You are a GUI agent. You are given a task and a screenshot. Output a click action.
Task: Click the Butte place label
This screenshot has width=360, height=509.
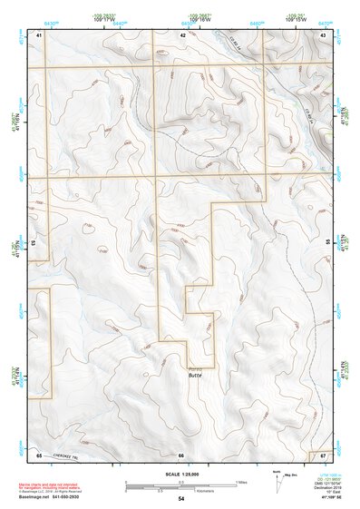pyautogui.click(x=194, y=375)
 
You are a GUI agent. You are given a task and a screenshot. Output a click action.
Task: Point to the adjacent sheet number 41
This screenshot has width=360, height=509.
pyautogui.click(x=39, y=34)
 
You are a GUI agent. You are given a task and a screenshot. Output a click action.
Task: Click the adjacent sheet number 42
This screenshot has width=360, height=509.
pyautogui.click(x=182, y=34)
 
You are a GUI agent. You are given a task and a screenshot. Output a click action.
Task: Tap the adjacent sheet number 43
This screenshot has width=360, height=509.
pyautogui.click(x=324, y=34)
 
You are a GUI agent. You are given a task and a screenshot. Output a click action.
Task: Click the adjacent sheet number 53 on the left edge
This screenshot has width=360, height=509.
pyautogui.click(x=33, y=243)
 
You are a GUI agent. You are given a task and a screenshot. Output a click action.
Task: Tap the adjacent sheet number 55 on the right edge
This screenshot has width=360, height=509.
pyautogui.click(x=327, y=243)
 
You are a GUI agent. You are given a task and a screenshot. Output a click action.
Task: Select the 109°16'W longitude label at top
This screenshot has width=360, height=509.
pyautogui.click(x=201, y=21)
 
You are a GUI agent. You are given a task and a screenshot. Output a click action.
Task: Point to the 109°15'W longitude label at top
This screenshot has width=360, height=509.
pyautogui.click(x=296, y=21)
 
